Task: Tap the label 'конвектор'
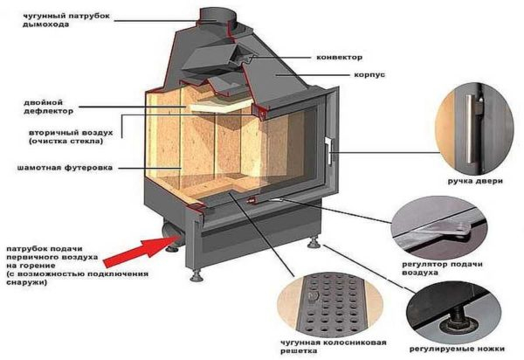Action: pyautogui.click(x=334, y=57)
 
